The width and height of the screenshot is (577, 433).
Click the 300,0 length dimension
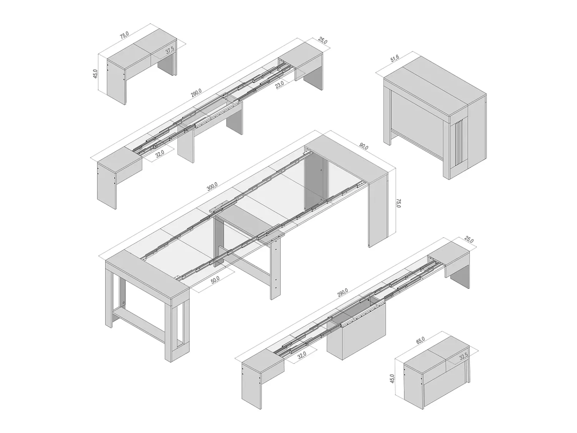pyautogui.click(x=212, y=187)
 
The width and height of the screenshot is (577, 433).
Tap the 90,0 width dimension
pyautogui.click(x=364, y=146)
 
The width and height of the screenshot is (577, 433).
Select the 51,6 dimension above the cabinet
pyautogui.click(x=395, y=58)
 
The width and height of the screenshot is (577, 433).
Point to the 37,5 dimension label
pyautogui.click(x=170, y=50)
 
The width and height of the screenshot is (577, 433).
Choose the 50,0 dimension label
pyautogui.click(x=215, y=280)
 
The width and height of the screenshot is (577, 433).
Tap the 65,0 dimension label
pyautogui.click(x=420, y=340)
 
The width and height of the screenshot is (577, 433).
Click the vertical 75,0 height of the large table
pyautogui.click(x=399, y=203)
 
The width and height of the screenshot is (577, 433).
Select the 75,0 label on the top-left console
pyautogui.click(x=124, y=35)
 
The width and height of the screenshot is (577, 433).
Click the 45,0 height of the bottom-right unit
pyautogui.click(x=392, y=379)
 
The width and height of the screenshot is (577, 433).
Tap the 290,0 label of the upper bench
pyautogui.click(x=196, y=93)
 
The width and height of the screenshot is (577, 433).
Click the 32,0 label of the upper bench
pyautogui.click(x=159, y=154)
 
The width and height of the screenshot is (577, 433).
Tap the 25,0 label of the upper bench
pyautogui.click(x=323, y=41)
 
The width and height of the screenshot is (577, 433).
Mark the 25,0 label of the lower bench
pyautogui.click(x=469, y=240)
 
